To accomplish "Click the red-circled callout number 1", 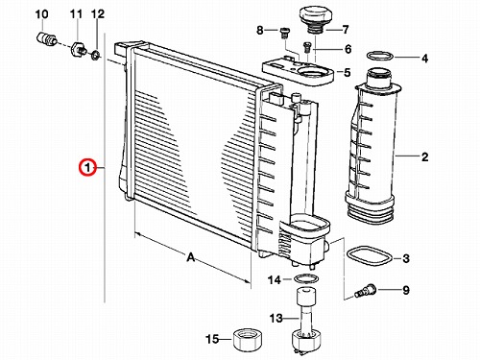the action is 87,167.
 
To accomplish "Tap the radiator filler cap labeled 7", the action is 312,20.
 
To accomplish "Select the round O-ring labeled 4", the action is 380,56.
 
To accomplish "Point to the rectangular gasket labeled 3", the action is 369,256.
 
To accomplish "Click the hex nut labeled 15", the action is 247,340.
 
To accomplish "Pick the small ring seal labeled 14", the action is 305,278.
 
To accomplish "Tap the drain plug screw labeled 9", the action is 366,291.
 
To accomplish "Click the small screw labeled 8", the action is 284,33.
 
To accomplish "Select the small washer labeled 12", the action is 95,56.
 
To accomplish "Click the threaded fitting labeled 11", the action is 78,49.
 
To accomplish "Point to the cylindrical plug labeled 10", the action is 45,38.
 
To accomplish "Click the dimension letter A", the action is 191,257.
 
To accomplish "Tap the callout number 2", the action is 424,157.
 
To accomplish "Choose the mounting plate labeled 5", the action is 299,73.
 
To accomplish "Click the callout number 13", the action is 276,319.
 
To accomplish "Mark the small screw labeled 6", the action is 306,47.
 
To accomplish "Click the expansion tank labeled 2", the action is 373,146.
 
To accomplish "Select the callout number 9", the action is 406,290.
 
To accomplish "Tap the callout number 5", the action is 348,73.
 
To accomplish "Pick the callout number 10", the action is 41,14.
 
